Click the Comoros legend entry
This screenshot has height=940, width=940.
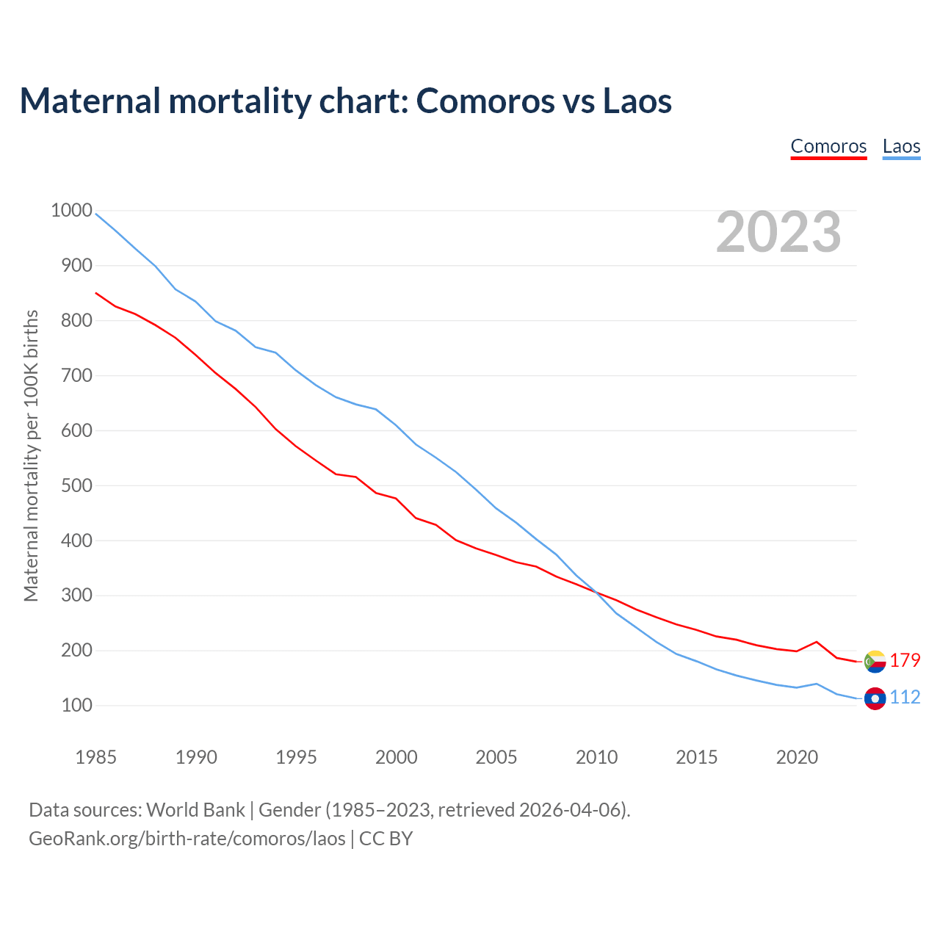click(x=828, y=146)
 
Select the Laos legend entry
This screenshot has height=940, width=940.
click(x=901, y=146)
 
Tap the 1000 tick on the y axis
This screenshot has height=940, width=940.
click(x=71, y=211)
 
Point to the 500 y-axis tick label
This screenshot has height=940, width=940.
click(x=71, y=485)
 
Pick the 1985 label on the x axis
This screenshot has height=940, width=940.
click(x=95, y=757)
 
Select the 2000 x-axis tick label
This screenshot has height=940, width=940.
click(x=396, y=757)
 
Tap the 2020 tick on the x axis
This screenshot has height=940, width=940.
click(x=797, y=757)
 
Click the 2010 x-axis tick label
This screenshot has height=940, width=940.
click(x=596, y=757)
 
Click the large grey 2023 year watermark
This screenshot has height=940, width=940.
click(x=778, y=232)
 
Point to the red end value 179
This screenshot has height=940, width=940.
click(x=905, y=660)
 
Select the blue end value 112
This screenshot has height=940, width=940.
click(x=905, y=697)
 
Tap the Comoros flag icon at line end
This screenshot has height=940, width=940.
click(x=875, y=662)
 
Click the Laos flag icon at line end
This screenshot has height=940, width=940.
click(x=875, y=698)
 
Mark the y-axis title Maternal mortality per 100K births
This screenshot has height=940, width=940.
click(x=31, y=456)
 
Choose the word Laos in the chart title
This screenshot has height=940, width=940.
click(x=637, y=101)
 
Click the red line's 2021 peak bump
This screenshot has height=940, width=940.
click(x=817, y=642)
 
